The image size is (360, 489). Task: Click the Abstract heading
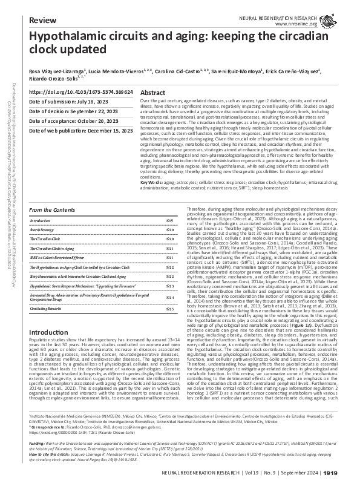click(x=152, y=93)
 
